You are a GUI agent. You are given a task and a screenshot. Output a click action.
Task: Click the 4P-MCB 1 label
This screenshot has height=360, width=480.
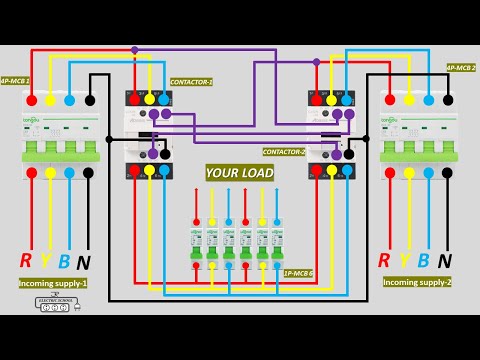tap(15, 80)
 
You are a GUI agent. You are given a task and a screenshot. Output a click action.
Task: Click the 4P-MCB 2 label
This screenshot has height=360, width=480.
tap(461, 67)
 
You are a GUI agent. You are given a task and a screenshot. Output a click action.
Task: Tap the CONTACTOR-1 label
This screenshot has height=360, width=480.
tap(191, 82)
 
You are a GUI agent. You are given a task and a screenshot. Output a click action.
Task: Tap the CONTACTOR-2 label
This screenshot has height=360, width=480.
tap(284, 152)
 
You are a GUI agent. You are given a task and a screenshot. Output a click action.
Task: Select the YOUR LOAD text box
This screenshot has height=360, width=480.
tap(240, 172)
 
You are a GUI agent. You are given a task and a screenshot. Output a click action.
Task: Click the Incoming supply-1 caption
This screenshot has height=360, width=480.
tap(53, 283)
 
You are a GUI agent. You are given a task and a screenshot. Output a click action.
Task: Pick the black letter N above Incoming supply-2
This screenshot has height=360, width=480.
tap(444, 261)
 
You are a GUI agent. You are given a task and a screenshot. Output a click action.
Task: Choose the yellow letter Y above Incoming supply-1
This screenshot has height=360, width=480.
tap(45, 261)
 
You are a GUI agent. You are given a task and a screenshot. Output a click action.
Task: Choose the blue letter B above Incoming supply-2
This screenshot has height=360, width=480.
tap(423, 261)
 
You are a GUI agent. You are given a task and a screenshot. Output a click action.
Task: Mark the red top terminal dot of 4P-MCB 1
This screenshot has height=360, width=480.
tap(30, 100)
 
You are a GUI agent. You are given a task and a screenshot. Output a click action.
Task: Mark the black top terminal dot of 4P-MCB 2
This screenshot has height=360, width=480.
tap(447, 100)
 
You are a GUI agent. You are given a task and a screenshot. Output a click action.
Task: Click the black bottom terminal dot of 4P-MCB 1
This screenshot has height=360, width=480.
tap(88, 173)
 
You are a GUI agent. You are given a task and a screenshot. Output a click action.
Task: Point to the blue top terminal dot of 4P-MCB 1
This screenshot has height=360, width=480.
tap(69, 100)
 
